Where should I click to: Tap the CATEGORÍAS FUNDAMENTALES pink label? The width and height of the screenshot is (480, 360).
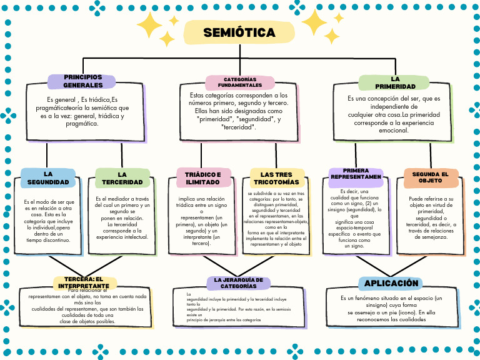pos(240,82)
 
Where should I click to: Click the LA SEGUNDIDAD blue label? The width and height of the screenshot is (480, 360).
pos(48,177)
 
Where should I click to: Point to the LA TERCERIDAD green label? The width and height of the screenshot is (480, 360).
pos(122,178)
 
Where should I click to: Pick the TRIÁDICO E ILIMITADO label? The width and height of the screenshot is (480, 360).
pos(202,178)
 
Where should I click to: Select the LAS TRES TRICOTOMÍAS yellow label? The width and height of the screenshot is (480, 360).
pos(276,178)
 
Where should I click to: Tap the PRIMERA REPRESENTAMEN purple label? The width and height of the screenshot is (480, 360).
pos(356,174)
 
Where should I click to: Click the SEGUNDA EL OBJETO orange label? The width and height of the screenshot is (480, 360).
pos(430,177)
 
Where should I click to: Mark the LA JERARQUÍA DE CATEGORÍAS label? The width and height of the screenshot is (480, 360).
pos(238,283)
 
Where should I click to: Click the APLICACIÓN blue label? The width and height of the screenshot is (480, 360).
pos(391,283)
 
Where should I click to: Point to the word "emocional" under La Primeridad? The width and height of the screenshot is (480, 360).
pos(394,131)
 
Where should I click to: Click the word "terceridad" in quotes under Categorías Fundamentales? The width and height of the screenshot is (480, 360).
pos(238,127)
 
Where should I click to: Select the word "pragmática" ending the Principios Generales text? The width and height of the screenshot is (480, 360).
pos(82,124)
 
